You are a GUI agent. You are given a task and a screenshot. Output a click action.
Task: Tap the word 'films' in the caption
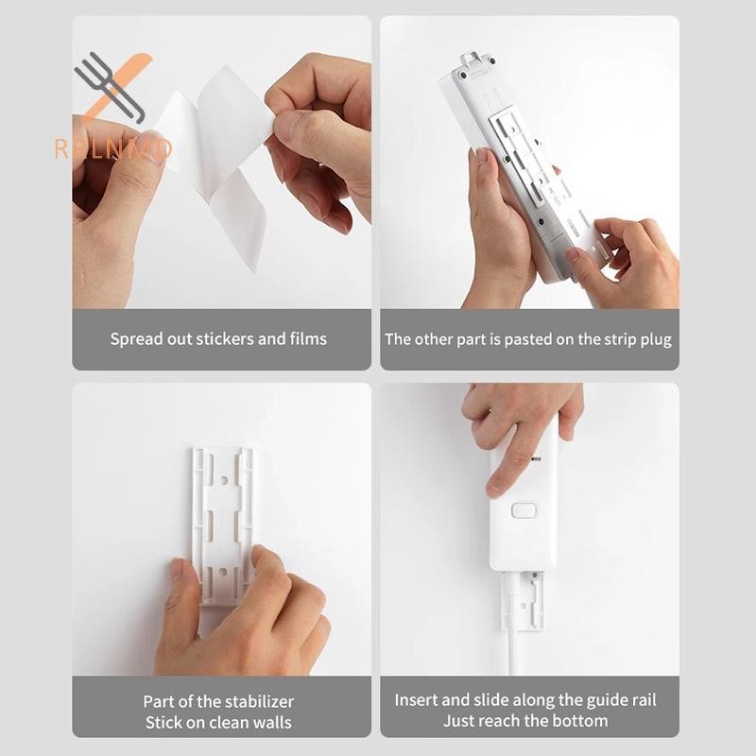click(x=308, y=339)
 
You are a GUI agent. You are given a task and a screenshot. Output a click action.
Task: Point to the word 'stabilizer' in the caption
click(x=256, y=701)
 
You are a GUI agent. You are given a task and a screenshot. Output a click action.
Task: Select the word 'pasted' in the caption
click(x=527, y=340)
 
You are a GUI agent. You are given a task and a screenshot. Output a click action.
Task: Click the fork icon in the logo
click(x=110, y=88)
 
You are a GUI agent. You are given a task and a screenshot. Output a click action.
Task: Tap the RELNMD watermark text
click(x=113, y=149)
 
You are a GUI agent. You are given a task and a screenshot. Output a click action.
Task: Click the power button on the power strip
click(x=524, y=510)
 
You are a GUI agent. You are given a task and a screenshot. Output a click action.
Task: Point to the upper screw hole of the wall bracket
click(x=224, y=481)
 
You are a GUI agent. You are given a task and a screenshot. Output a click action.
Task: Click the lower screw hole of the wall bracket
click(x=223, y=572)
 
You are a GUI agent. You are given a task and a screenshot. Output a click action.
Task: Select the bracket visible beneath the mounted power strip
click(x=523, y=601)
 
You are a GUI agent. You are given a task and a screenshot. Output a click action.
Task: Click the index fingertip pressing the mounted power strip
click(x=495, y=488)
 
